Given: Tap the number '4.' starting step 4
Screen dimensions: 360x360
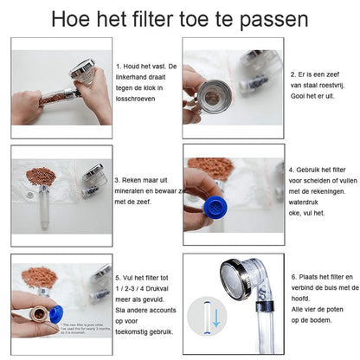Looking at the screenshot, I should click(292, 170).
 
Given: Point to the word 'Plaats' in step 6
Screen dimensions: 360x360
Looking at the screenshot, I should click(312, 276).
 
